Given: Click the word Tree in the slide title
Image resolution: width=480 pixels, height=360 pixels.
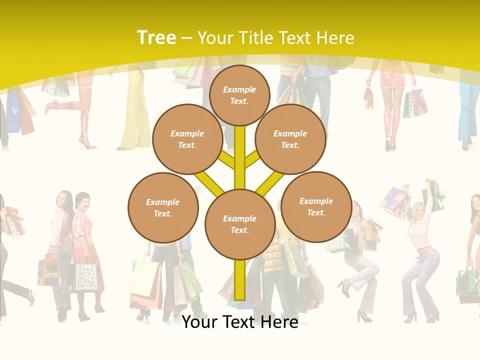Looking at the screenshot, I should click(x=156, y=37).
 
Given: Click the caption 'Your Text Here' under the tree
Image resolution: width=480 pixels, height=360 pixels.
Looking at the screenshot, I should click(x=239, y=322).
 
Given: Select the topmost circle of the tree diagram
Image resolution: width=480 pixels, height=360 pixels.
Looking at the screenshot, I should click(x=239, y=95).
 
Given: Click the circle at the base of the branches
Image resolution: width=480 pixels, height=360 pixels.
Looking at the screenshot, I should click(x=239, y=224).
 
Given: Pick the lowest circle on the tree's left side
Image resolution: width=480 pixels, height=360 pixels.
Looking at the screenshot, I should click(x=163, y=207).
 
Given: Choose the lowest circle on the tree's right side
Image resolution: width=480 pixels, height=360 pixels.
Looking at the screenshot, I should click(x=316, y=206).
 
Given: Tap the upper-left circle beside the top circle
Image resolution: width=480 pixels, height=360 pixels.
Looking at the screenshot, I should click(x=187, y=139).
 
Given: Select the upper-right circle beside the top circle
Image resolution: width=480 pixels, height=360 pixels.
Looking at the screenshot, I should click(x=290, y=139).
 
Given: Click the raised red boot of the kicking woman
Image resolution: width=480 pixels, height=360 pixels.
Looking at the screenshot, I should click(x=55, y=106).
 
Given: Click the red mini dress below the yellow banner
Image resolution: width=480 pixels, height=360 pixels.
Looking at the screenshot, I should click(x=393, y=80).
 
